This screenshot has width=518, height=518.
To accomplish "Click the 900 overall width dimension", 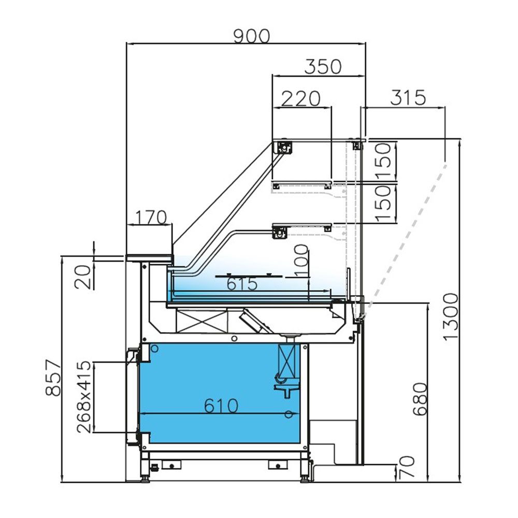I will point(251,36).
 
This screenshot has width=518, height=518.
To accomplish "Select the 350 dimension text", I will point(323,67).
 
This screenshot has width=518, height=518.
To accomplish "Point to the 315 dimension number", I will point(407,97).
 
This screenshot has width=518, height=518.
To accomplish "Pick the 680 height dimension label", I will point(420,400).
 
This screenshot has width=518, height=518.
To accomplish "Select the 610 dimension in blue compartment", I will point(221,406).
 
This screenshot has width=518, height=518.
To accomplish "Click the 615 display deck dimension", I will point(242,284).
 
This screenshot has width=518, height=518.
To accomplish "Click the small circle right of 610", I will point(289,413).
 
